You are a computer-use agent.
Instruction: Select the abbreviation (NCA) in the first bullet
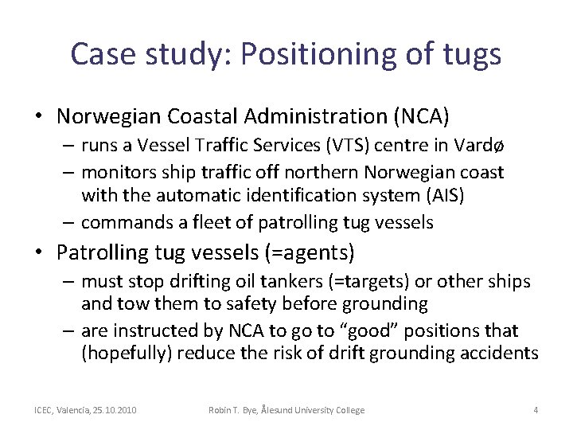click(x=421, y=116)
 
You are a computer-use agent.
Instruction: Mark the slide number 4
click(x=536, y=410)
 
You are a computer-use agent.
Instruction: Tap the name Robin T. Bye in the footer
click(x=232, y=410)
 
